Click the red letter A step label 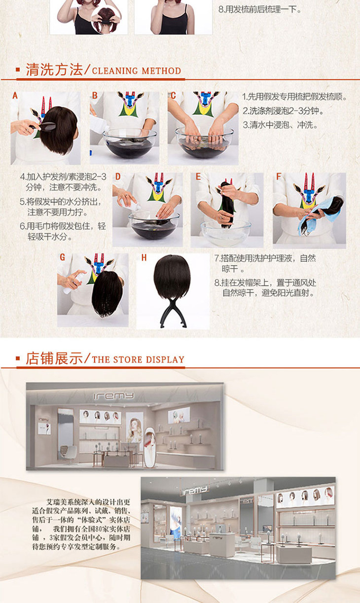tap(15, 95)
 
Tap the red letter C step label tap(173, 95)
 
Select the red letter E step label tap(198, 177)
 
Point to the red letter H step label tap(144, 258)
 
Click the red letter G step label tap(63, 257)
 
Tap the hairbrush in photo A tap(43, 126)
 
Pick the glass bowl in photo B tap(130, 143)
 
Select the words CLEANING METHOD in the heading tap(136, 71)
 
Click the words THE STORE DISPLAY tap(138, 359)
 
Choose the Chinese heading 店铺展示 tap(54, 358)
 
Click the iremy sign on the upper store tap(113, 396)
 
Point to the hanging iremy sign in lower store tap(195, 491)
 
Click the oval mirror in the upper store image tap(150, 448)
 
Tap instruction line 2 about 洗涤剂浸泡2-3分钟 tap(283, 110)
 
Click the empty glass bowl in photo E tap(226, 233)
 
